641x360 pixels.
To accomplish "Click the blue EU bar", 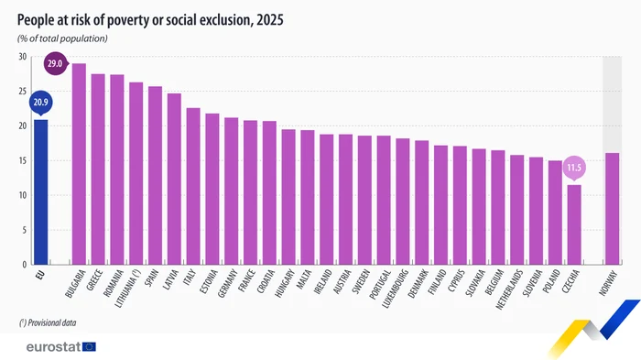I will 40,192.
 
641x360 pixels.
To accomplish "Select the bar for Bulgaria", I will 79,164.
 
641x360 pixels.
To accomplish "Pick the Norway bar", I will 612,209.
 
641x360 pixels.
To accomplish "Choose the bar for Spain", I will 155,175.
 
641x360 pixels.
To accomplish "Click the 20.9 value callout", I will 40,102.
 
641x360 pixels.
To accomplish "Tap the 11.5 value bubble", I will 574,168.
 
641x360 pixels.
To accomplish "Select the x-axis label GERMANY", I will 229,285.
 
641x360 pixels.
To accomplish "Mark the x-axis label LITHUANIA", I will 133,288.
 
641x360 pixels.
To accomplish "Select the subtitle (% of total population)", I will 62,38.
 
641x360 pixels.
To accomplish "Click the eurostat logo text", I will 47,346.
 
